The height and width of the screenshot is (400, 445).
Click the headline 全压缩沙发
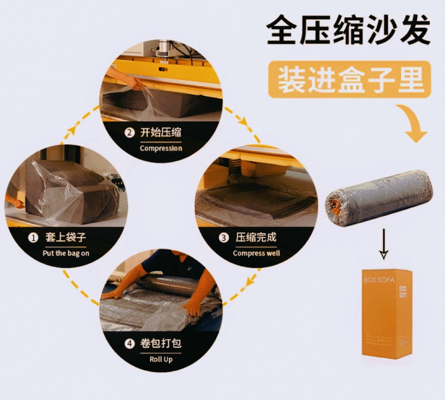click(x=349, y=30)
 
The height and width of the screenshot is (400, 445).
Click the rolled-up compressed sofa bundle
click(x=379, y=197)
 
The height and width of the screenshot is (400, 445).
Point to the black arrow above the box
click(x=383, y=246)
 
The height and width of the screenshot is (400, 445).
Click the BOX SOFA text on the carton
click(x=379, y=280)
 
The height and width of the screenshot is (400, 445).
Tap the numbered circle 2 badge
click(x=129, y=133)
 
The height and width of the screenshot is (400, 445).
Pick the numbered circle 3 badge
click(x=223, y=238)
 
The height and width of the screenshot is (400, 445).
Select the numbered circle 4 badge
click(x=130, y=344)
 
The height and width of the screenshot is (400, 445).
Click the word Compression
click(x=161, y=148)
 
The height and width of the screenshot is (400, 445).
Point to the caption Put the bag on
click(x=66, y=253)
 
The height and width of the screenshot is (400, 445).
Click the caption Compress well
click(x=256, y=253)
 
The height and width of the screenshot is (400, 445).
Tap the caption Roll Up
click(x=161, y=359)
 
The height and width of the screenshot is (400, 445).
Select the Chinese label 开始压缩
click(x=161, y=133)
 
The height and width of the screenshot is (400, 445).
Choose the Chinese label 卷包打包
click(x=161, y=343)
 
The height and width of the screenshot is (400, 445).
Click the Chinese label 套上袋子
click(x=66, y=237)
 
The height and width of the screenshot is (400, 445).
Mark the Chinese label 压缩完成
click(x=256, y=237)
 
